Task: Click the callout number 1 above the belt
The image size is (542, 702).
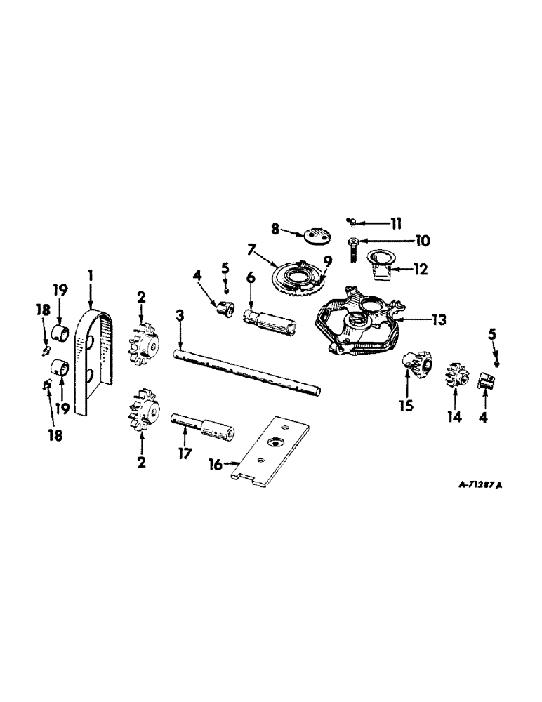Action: click(90, 273)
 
